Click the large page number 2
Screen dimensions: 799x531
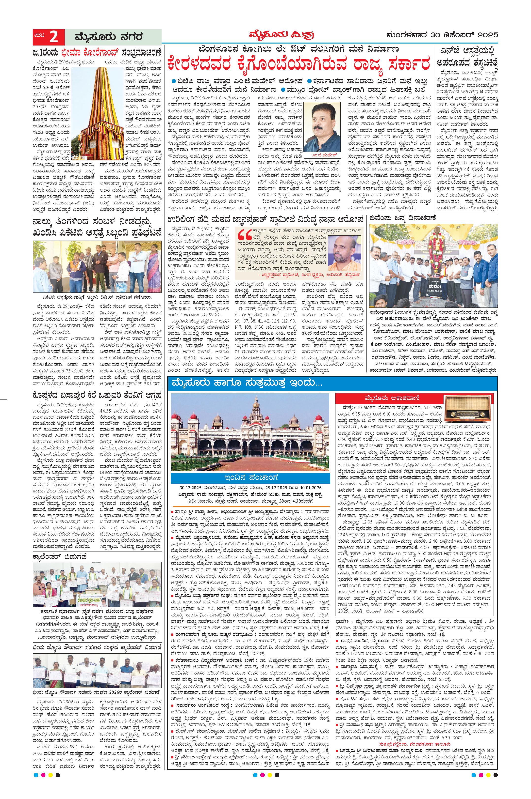[54, 37]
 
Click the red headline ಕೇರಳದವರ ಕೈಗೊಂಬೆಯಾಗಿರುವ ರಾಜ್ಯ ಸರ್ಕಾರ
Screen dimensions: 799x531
[298, 64]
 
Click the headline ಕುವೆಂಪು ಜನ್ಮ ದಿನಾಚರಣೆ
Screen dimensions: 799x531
[405, 218]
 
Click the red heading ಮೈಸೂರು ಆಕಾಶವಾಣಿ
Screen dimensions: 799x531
[388, 398]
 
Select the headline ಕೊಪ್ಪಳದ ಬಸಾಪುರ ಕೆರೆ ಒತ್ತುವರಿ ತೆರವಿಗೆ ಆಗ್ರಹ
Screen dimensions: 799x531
[97, 395]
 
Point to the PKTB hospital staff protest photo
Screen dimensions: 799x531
[97, 267]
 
